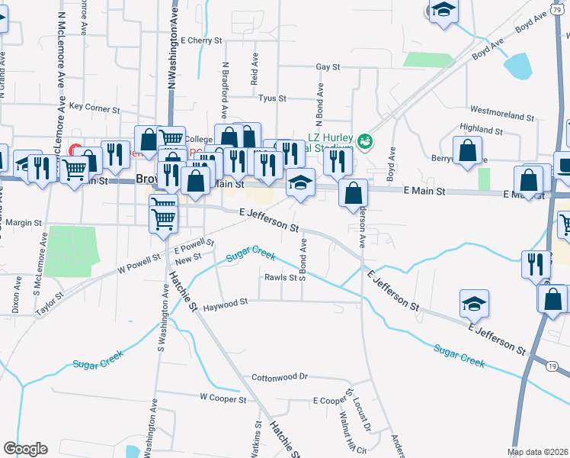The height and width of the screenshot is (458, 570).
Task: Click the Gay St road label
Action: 328,67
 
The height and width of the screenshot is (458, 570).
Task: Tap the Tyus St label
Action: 272,98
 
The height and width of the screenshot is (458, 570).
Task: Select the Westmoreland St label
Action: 502,115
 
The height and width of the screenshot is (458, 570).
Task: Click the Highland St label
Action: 482,131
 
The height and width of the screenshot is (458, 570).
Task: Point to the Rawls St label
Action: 280,277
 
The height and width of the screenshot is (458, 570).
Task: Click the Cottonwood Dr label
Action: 279,377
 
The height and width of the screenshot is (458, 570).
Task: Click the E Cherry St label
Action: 201,40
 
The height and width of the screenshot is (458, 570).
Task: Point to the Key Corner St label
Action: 95,107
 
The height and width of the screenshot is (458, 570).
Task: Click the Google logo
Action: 25,449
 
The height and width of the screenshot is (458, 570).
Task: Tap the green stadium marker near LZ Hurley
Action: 365,140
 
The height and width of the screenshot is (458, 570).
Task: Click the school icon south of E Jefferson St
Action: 474,304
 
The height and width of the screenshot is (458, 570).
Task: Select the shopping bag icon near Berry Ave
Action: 467,150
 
